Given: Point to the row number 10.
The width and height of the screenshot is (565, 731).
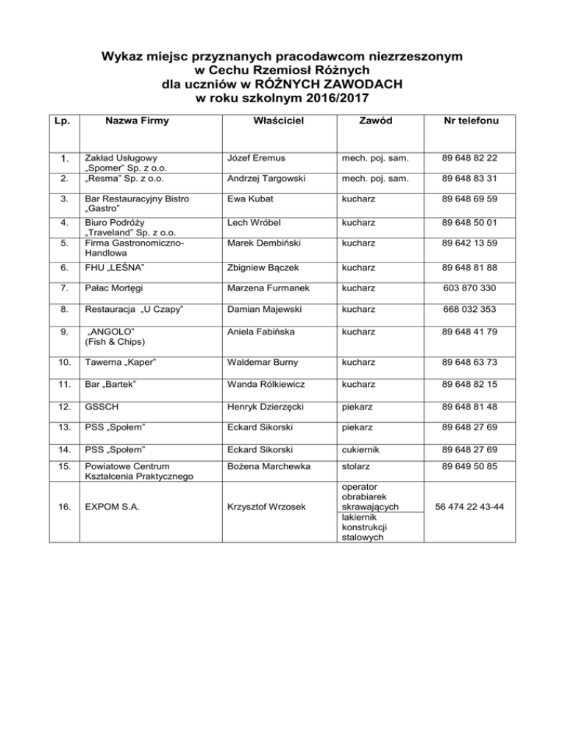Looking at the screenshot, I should click(65, 363).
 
